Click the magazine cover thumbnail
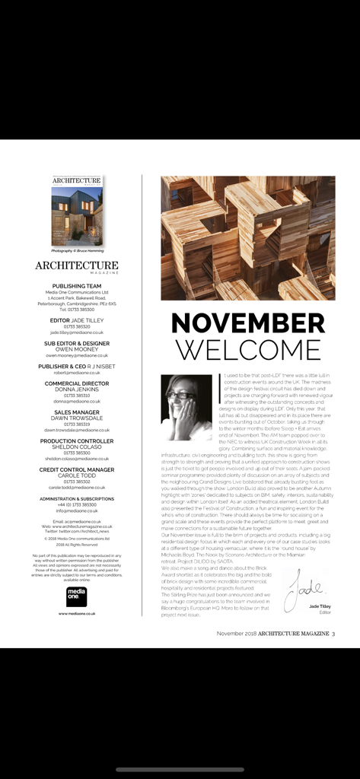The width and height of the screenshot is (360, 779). click(x=77, y=211)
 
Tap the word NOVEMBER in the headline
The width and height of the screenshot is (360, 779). click(x=247, y=323)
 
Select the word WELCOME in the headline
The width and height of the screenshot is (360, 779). click(x=247, y=349)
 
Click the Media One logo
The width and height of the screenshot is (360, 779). click(x=77, y=596)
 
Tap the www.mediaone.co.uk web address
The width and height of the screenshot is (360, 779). click(x=77, y=613)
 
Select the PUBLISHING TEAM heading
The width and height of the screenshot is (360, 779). click(x=77, y=286)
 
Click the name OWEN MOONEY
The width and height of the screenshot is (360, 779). click(x=77, y=349)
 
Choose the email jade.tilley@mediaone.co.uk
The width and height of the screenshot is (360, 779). click(x=77, y=332)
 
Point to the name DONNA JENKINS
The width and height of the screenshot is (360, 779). click(x=77, y=389)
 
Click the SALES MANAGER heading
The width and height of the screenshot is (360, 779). click(x=77, y=412)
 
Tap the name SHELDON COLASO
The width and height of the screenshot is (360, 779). click(x=77, y=447)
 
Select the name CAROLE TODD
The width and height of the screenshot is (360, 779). click(x=77, y=476)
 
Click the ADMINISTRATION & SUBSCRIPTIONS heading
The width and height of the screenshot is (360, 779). click(x=77, y=499)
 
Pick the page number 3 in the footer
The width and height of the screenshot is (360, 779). click(x=333, y=633)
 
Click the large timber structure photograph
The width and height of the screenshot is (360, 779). click(x=247, y=237)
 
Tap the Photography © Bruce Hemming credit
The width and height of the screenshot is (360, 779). click(x=77, y=250)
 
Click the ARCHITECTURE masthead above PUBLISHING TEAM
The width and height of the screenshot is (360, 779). click(x=77, y=265)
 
